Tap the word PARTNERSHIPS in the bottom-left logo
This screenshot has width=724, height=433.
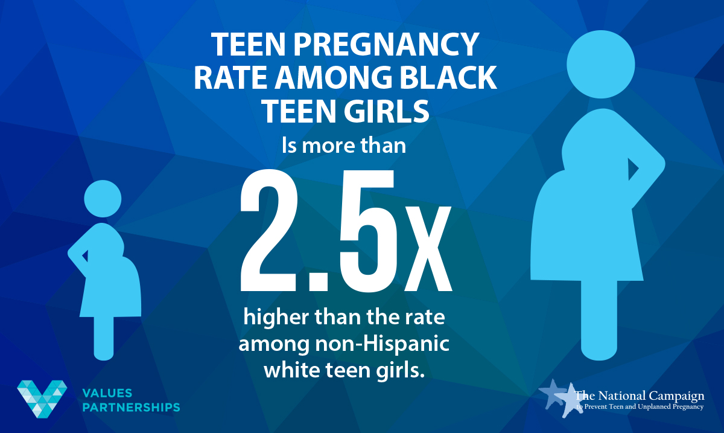pyautogui.click(x=130, y=407)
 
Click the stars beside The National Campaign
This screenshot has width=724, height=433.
pyautogui.click(x=560, y=396)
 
